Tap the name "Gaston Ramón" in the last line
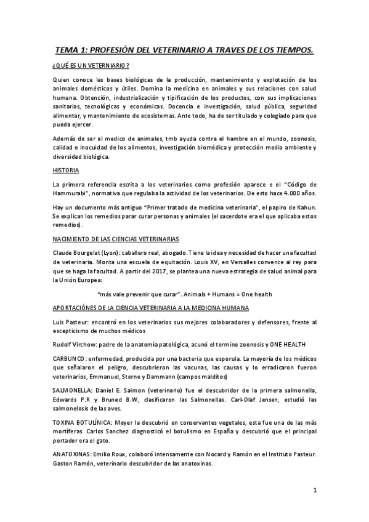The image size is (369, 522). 73,463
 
